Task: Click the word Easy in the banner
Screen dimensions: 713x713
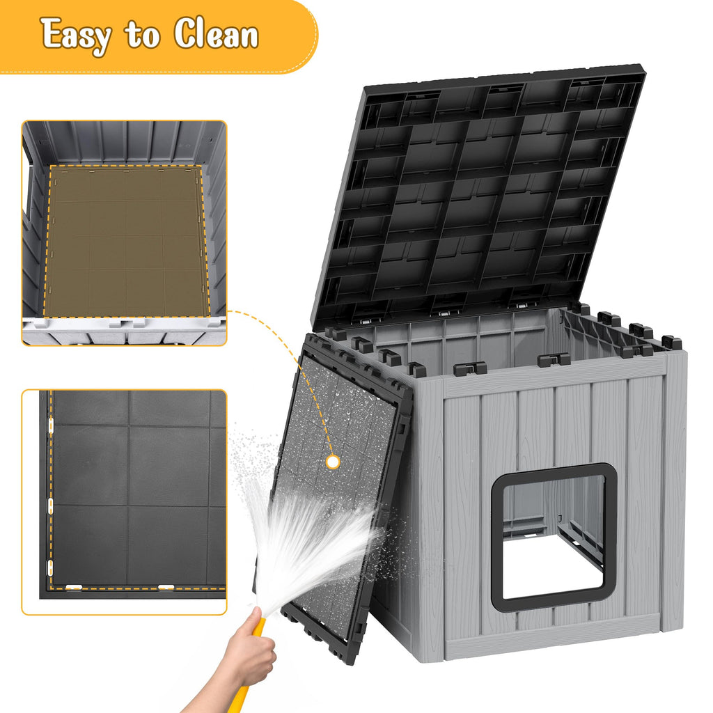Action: click(x=76, y=35)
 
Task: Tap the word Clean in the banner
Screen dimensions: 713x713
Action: click(x=216, y=33)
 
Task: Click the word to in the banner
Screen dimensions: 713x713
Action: click(x=142, y=35)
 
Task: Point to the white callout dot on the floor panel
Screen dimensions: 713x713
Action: click(x=333, y=462)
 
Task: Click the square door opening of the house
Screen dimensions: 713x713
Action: click(x=554, y=538)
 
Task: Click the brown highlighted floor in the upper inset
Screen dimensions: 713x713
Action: click(x=125, y=241)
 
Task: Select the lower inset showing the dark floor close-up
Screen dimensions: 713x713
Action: click(x=124, y=502)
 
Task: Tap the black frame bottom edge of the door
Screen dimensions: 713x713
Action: click(x=553, y=606)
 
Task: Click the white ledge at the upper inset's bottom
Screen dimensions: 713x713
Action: click(x=124, y=330)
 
